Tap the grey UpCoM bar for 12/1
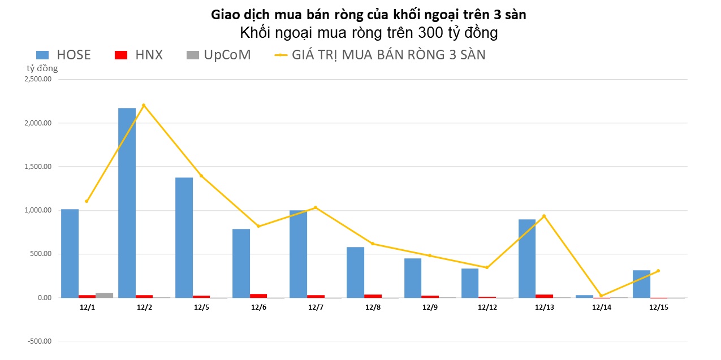click(104, 295)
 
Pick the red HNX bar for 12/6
click(258, 296)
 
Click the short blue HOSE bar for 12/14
click(584, 296)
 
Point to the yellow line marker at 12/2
click(144, 105)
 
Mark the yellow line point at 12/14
click(601, 296)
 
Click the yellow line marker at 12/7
click(315, 207)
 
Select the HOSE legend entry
click(63, 55)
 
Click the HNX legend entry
click(139, 55)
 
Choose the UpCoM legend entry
click(218, 55)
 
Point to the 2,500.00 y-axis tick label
click(38, 79)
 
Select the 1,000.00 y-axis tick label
click(38, 210)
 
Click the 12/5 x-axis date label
click(201, 307)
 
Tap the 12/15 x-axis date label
click(658, 307)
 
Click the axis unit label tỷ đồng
click(42, 68)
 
